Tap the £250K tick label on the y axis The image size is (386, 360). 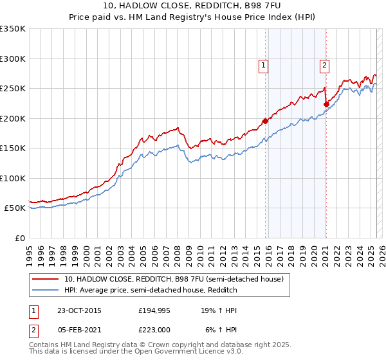click(x=13, y=88)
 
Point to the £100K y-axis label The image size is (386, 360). click(x=13, y=178)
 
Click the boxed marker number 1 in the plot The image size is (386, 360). click(x=264, y=64)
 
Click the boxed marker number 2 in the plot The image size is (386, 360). click(x=325, y=64)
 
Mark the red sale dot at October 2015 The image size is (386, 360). click(x=265, y=121)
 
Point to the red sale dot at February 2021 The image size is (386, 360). click(x=326, y=104)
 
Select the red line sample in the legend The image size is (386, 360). click(x=46, y=279)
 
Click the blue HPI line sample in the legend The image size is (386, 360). click(x=46, y=290)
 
